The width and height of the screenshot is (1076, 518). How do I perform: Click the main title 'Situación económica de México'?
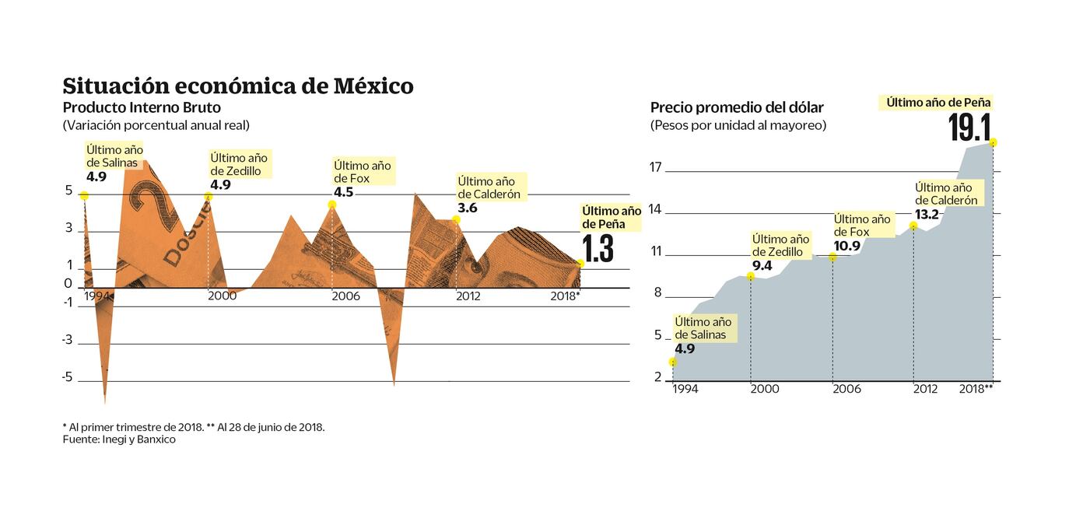pyautogui.click(x=237, y=86)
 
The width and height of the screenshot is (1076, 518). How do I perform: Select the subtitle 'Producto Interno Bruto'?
pyautogui.click(x=142, y=107)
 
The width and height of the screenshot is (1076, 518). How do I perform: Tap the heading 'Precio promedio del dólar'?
pyautogui.click(x=737, y=107)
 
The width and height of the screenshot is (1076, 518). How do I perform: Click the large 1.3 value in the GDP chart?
pyautogui.click(x=598, y=249)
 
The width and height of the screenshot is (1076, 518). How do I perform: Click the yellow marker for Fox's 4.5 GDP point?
pyautogui.click(x=332, y=205)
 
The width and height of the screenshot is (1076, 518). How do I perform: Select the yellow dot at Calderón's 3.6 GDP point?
pyautogui.click(x=456, y=220)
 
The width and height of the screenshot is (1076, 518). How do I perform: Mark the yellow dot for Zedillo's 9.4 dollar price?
pyautogui.click(x=751, y=276)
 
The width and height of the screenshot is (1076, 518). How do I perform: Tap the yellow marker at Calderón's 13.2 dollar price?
pyautogui.click(x=913, y=226)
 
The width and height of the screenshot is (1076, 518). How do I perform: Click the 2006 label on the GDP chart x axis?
pyautogui.click(x=345, y=296)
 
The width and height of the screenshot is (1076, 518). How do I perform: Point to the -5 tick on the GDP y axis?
pyautogui.click(x=67, y=377)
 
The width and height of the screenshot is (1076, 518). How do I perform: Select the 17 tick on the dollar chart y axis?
pyautogui.click(x=655, y=167)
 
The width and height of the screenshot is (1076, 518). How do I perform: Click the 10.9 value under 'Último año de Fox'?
pyautogui.click(x=847, y=245)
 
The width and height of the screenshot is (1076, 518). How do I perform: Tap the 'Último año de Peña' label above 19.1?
pyautogui.click(x=938, y=102)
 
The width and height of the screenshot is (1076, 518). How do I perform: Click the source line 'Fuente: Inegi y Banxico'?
pyautogui.click(x=119, y=439)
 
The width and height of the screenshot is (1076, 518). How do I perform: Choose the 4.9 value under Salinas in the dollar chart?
pyautogui.click(x=685, y=348)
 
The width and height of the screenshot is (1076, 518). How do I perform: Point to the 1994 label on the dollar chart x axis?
pyautogui.click(x=685, y=388)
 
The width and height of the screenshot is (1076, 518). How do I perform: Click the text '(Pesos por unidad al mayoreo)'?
pyautogui.click(x=738, y=124)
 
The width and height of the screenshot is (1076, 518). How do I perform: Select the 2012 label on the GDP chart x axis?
pyautogui.click(x=468, y=296)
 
